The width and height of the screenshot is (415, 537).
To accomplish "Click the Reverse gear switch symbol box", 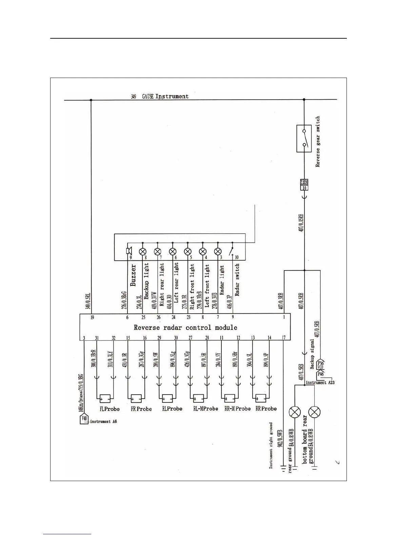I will [304, 138].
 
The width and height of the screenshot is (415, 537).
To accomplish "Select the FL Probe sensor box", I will [105, 398].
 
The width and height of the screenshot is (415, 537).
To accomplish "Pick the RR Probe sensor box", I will [260, 398].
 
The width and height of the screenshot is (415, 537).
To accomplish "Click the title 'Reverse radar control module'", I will [185, 327].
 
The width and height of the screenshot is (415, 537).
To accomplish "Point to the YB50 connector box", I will [304, 185].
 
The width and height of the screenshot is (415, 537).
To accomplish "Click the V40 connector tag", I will [84, 419].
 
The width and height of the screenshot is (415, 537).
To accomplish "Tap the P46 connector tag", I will [320, 374].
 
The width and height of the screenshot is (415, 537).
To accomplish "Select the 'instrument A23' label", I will [320, 382].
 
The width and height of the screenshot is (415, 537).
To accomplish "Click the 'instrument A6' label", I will [103, 421].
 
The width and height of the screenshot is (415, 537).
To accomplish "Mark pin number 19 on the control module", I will [92, 318].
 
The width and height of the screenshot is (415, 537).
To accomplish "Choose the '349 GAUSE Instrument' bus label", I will [160, 97].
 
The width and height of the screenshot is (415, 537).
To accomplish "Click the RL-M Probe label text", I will [205, 409].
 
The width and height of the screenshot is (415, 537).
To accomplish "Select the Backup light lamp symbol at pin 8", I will [143, 252].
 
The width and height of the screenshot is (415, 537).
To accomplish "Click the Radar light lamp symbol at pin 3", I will [218, 252].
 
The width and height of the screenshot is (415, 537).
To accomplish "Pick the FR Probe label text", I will [141, 409].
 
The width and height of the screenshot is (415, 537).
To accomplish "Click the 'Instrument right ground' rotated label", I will [271, 445].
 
